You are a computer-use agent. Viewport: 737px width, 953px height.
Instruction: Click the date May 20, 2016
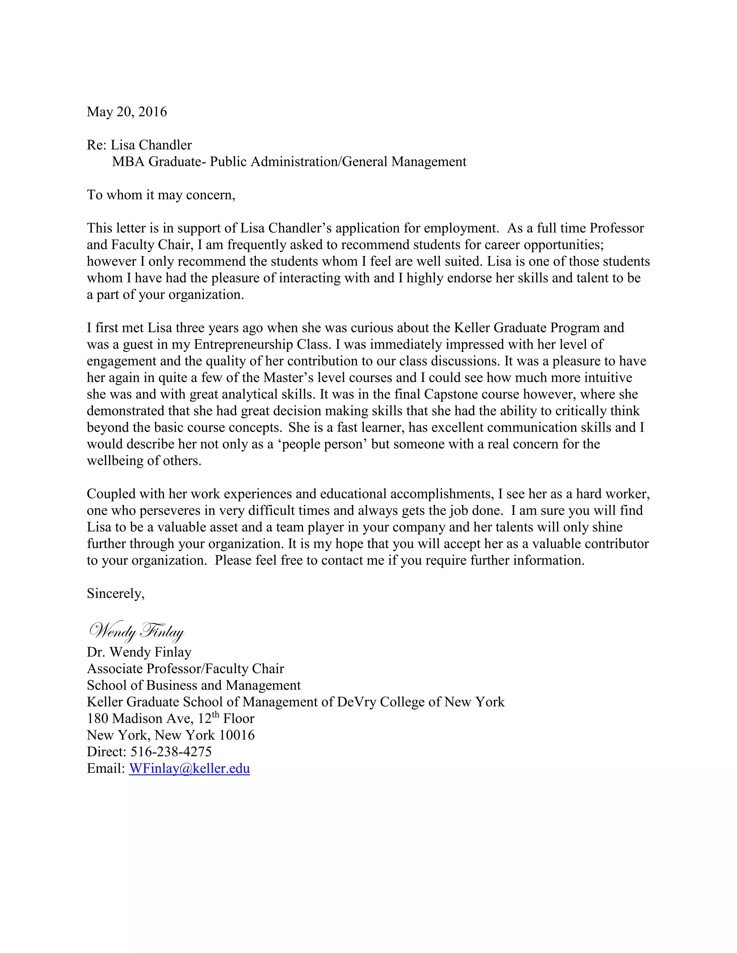pos(127,112)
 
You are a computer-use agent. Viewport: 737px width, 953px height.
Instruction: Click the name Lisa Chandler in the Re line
pos(151,145)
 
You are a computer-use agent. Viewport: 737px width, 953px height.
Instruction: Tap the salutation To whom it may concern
pos(160,195)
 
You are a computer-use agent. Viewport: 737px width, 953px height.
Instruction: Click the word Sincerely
pos(115,593)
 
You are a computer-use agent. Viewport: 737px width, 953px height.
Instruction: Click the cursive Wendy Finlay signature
pos(136,632)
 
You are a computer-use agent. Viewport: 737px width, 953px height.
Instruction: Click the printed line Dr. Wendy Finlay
pos(139,652)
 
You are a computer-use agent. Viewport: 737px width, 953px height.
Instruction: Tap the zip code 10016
pos(237,735)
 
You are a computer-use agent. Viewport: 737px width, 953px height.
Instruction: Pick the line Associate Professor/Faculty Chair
pos(185,669)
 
